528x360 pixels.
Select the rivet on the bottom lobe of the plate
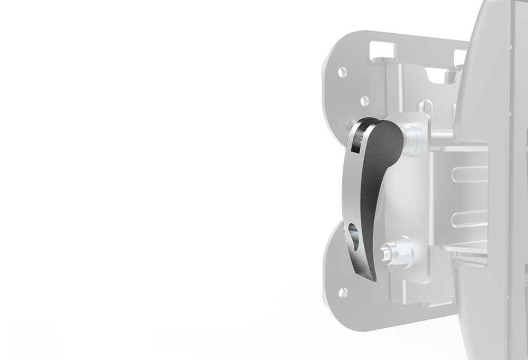[343, 291]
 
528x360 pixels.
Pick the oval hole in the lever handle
[353, 236]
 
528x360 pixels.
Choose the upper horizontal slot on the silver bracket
[469, 174]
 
